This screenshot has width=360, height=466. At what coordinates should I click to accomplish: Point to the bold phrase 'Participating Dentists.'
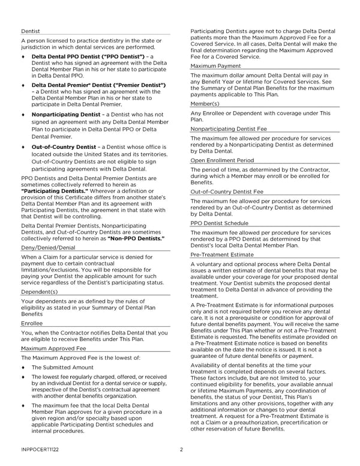[x=55, y=191]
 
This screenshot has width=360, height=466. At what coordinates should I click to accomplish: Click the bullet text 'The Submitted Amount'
[x=62, y=368]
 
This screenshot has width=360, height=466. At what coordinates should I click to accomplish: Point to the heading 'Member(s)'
[x=206, y=104]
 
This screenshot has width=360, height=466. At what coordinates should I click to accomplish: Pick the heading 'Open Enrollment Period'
[x=222, y=161]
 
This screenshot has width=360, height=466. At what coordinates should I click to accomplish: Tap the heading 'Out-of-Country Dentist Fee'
[x=226, y=192]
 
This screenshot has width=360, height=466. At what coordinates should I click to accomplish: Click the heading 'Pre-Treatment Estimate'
[x=221, y=255]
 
